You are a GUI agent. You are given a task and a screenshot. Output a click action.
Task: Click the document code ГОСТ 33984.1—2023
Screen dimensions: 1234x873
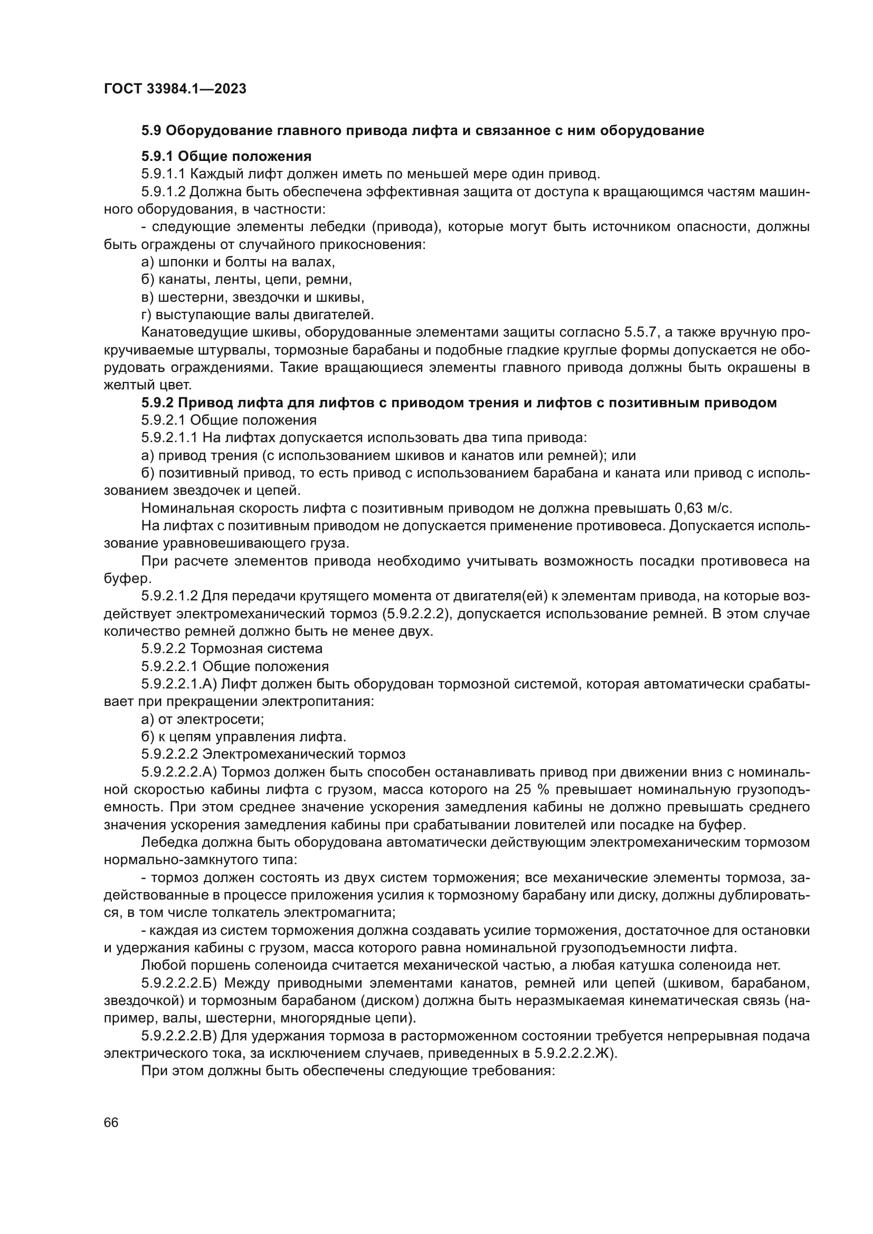pyautogui.click(x=175, y=89)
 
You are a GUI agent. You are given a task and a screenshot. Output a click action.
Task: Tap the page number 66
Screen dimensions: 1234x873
pyautogui.click(x=111, y=1122)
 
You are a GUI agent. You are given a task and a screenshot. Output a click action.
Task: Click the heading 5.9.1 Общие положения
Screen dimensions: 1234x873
pyautogui.click(x=226, y=156)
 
